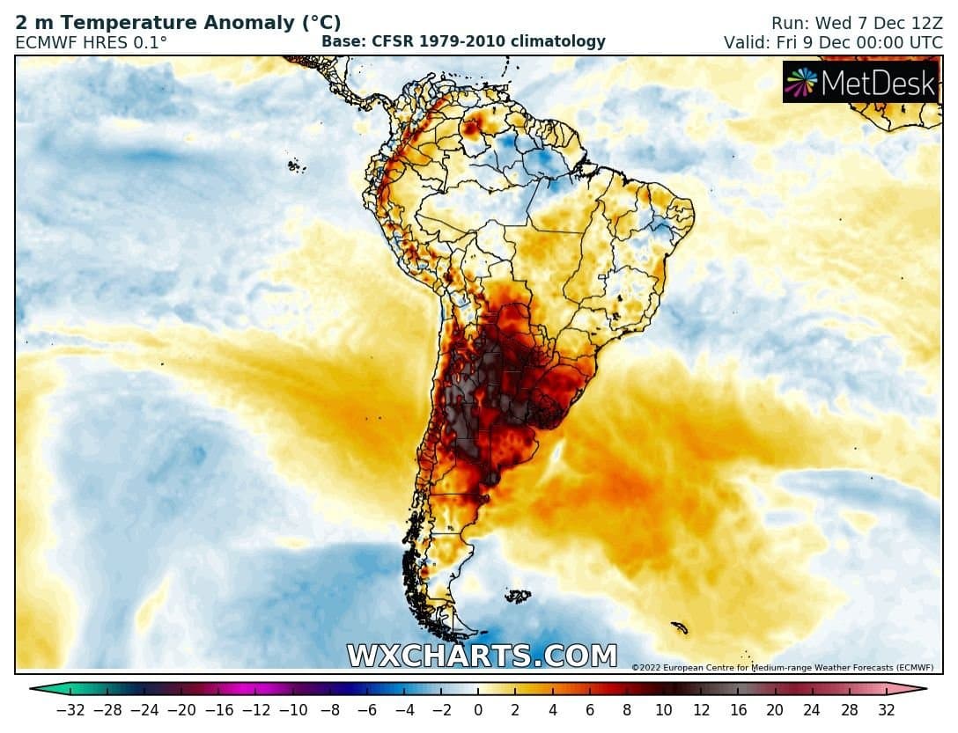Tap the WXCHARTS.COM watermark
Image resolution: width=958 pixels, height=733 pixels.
(x=482, y=656)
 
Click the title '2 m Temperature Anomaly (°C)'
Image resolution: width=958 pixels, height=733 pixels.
(x=178, y=23)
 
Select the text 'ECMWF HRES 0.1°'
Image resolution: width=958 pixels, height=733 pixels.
(x=91, y=41)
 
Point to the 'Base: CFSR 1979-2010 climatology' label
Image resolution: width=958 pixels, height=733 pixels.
(x=463, y=41)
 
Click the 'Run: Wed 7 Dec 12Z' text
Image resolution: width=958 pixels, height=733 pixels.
(x=856, y=23)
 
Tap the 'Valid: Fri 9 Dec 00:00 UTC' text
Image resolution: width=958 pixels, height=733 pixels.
(x=833, y=41)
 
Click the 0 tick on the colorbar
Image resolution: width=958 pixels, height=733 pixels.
(x=478, y=709)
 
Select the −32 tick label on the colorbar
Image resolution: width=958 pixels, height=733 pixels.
(x=70, y=709)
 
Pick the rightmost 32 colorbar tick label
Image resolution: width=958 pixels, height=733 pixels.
(x=886, y=709)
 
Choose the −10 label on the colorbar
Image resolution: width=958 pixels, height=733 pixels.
(x=293, y=709)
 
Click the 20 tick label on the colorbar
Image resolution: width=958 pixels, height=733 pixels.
(x=775, y=709)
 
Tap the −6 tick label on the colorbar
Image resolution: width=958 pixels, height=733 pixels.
(x=367, y=709)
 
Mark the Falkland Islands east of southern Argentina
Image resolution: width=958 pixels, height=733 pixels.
(x=518, y=597)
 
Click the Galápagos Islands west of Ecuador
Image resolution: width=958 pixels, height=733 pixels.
(x=296, y=165)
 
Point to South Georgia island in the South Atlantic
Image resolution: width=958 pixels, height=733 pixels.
(x=679, y=627)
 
